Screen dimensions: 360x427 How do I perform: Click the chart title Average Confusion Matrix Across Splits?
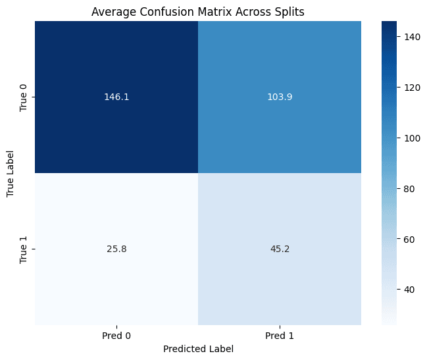coord(197,11)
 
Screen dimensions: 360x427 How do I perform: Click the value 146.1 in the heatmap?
coord(116,97)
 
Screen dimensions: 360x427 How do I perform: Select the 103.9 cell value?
coord(279,97)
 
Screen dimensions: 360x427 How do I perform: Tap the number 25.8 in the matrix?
coord(116,249)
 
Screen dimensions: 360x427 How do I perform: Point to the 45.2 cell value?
coord(279,249)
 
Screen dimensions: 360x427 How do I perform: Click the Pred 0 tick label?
coord(116,336)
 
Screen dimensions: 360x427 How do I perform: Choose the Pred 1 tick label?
coord(279,336)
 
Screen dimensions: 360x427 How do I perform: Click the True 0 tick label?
coord(24,97)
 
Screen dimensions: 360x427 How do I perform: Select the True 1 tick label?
coord(24,249)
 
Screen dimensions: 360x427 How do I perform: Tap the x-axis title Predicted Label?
coord(197,349)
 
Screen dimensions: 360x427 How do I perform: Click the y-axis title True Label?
coord(11,173)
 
